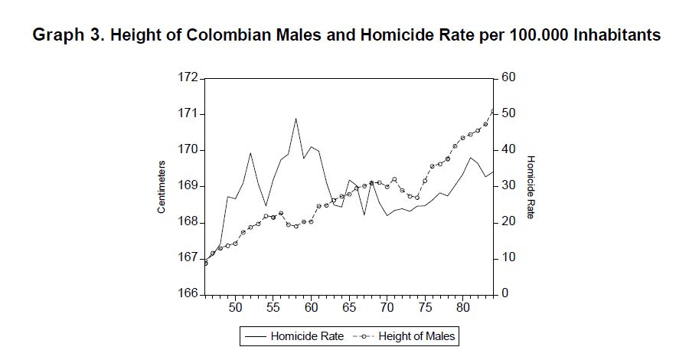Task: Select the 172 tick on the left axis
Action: click(187, 78)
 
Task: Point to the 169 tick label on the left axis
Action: click(187, 186)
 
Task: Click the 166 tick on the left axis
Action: click(187, 294)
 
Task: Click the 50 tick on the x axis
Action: click(235, 308)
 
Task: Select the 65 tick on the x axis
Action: click(349, 308)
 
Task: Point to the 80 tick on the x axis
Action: click(462, 308)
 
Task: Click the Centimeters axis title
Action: click(162, 186)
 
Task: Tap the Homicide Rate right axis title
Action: click(531, 186)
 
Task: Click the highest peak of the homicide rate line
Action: click(296, 119)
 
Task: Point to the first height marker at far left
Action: click(205, 263)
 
